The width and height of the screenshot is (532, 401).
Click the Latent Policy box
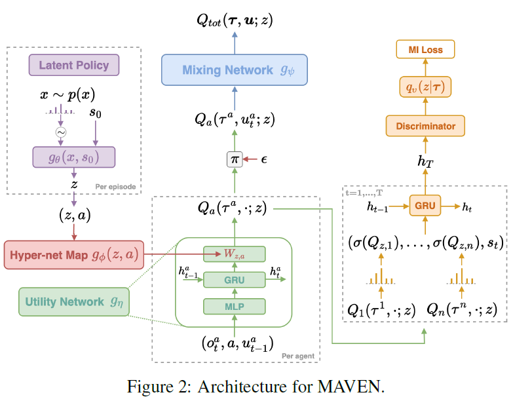pyautogui.click(x=73, y=66)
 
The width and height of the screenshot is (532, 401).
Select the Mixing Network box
pyautogui.click(x=235, y=69)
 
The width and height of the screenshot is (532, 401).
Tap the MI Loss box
pyautogui.click(x=425, y=49)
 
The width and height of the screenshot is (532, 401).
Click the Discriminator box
pyautogui.click(x=425, y=125)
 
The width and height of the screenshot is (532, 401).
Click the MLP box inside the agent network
pyautogui.click(x=234, y=306)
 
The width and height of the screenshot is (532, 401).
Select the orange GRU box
pyautogui.click(x=425, y=206)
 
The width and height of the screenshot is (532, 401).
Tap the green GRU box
pyautogui.click(x=234, y=280)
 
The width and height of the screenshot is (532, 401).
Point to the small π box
pyautogui.click(x=234, y=159)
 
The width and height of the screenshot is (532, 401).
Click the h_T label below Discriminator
pyautogui.click(x=427, y=159)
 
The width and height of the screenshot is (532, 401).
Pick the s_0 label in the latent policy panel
pyautogui.click(x=96, y=114)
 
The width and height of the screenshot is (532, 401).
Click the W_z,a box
pyautogui.click(x=234, y=254)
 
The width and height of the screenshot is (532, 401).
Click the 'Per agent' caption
pyautogui.click(x=297, y=356)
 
